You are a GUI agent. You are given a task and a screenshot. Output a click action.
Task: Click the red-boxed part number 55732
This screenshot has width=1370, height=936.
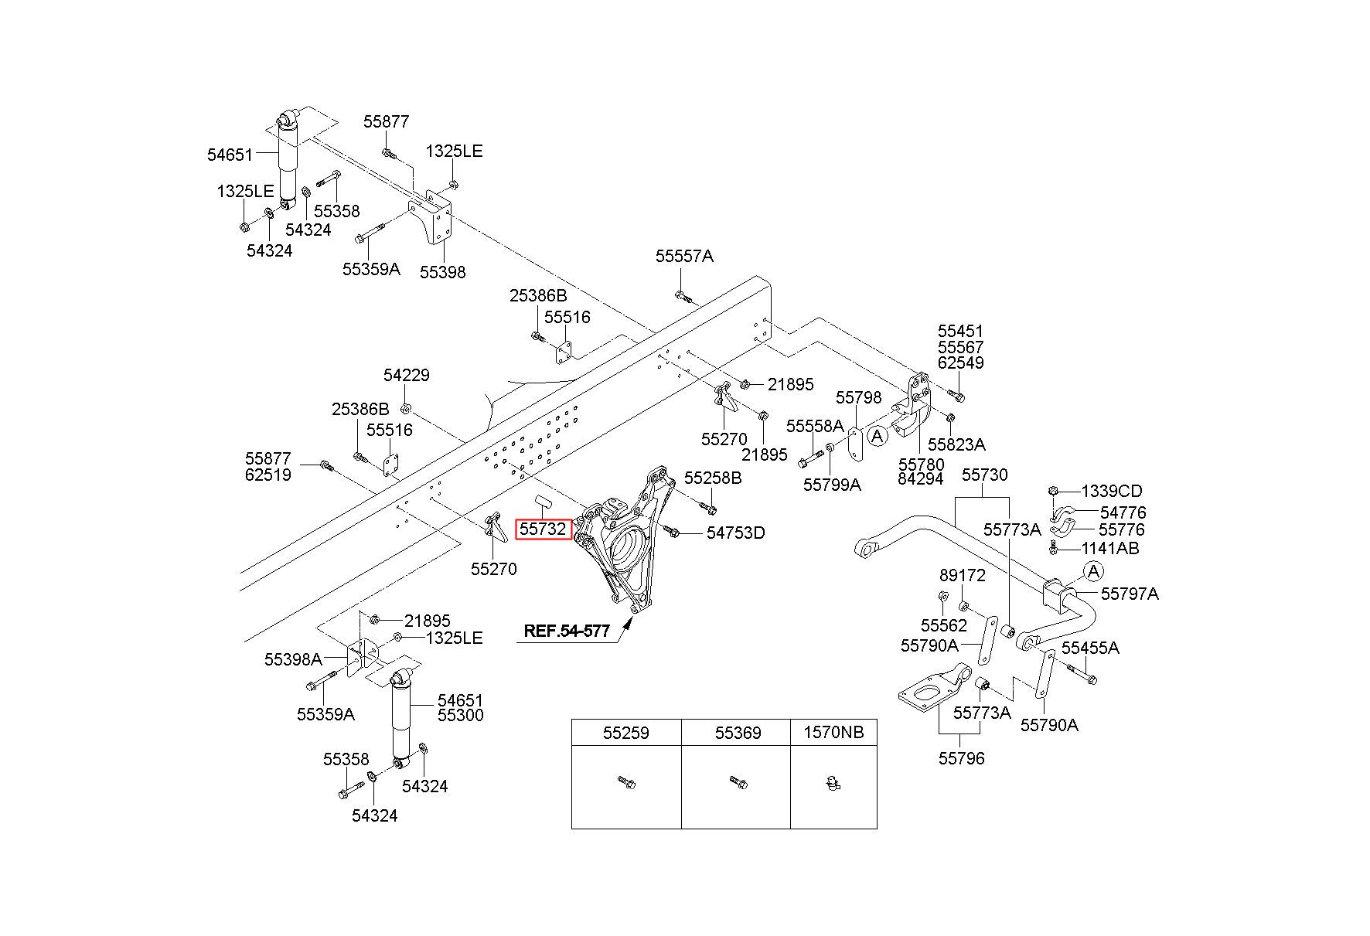(x=544, y=529)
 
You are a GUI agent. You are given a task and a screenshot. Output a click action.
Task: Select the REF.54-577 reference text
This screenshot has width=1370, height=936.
(x=567, y=631)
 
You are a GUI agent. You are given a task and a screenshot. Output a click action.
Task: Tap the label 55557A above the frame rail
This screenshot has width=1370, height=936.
(x=684, y=257)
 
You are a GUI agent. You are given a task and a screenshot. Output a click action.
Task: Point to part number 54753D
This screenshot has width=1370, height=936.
(x=735, y=533)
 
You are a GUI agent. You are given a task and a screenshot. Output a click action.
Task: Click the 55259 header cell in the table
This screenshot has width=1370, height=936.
(x=626, y=732)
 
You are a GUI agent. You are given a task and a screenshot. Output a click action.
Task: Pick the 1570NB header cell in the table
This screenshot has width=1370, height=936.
(x=833, y=732)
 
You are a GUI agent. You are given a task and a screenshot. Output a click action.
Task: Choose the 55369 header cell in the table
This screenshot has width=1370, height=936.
(x=736, y=732)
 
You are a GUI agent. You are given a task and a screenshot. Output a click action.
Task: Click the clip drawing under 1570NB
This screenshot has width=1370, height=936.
(x=833, y=785)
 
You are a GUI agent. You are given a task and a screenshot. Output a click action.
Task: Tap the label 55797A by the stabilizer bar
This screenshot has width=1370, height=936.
(x=1130, y=594)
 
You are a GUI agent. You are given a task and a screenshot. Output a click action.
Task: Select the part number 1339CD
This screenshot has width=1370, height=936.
(x=1111, y=491)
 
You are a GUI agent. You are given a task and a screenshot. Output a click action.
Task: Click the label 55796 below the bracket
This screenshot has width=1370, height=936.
(x=962, y=758)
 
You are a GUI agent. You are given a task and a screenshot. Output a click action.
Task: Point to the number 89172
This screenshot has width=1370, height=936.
(x=963, y=576)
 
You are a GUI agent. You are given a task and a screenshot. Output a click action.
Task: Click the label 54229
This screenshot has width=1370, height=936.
(x=407, y=375)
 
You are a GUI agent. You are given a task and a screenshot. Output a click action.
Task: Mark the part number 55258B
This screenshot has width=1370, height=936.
(x=713, y=478)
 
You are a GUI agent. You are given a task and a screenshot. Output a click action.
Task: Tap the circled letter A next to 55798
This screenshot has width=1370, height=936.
(x=877, y=437)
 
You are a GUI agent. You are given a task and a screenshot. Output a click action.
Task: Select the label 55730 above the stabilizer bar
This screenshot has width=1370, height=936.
(x=984, y=475)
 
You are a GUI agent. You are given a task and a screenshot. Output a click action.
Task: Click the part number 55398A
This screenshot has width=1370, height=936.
(x=293, y=659)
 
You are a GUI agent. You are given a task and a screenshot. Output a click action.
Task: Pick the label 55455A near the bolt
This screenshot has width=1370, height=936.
(x=1090, y=648)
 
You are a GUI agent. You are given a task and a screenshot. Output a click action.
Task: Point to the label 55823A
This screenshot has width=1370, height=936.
(x=956, y=444)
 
